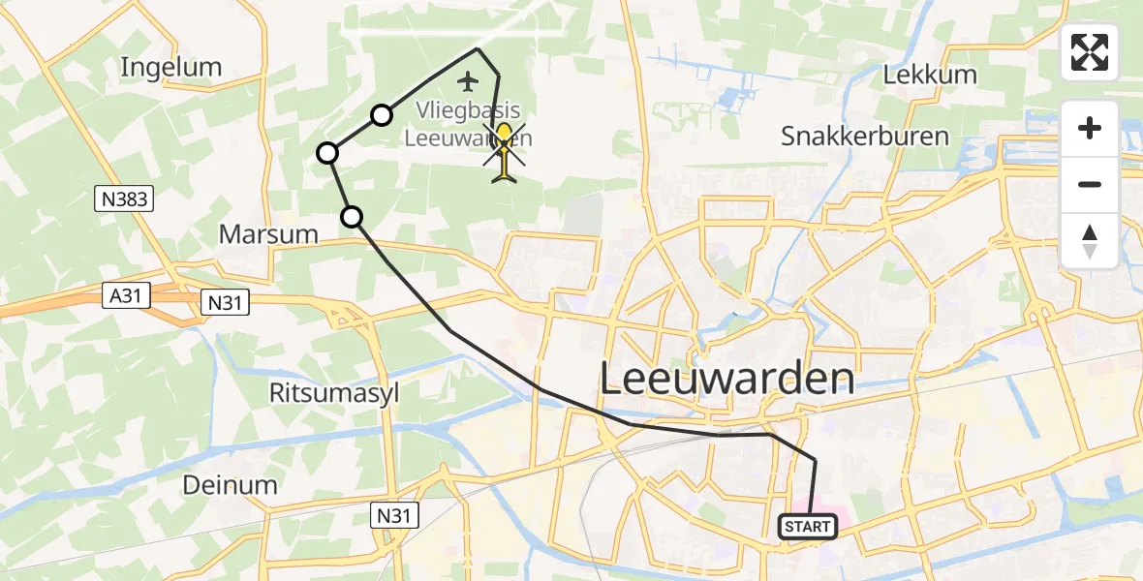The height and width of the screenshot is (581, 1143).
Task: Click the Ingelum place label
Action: tap(171, 68)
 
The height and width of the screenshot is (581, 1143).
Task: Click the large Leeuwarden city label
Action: tap(727, 379)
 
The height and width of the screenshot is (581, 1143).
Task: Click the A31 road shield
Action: tap(128, 296)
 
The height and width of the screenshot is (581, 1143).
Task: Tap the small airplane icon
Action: tap(470, 79)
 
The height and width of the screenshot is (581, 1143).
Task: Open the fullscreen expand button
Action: tap(1090, 52)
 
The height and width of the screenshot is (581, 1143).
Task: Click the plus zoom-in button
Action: tap(1090, 128)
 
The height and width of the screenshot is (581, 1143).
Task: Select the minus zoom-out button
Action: tap(1090, 184)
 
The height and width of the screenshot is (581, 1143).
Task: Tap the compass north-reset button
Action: tap(1090, 240)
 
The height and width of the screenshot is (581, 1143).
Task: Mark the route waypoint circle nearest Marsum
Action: tap(352, 217)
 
